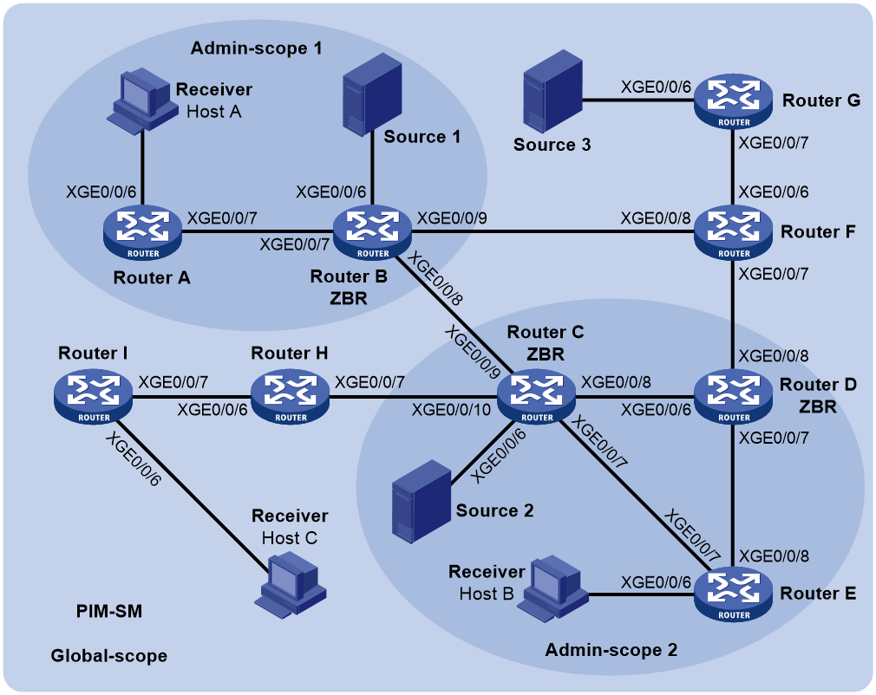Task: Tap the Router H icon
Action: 290,397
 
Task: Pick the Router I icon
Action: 94,397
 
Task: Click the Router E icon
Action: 733,594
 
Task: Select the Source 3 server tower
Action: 553,91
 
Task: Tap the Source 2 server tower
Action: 422,501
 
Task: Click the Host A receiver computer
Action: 139,101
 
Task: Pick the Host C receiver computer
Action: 291,585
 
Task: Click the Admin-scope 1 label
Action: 257,49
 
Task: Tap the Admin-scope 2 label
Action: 611,650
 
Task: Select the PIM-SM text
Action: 109,611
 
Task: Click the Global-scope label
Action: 109,655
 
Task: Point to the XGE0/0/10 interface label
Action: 451,410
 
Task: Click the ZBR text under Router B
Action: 349,299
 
